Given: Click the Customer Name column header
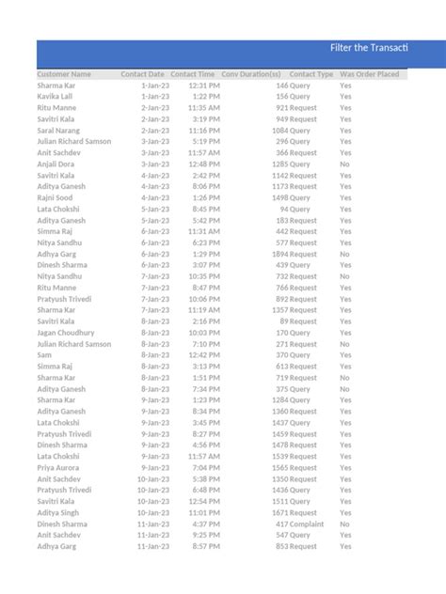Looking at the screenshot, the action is pos(64,74).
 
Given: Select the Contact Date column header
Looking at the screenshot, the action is pos(142,74).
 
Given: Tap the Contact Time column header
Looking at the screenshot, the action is pos(193,74).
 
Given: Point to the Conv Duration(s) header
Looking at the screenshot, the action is pos(251,74).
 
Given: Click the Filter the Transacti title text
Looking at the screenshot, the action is pos(368,48).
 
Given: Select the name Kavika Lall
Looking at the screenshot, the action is pos(55,97).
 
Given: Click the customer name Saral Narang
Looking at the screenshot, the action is pos(58,131).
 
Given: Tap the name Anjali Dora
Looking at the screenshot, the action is pos(56,164).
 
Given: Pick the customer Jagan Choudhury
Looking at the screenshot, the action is pos(66,333).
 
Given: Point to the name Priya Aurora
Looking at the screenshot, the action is pos(57,467).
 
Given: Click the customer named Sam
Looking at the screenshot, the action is pos(44,355).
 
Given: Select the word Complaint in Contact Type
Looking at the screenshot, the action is pos(309,524).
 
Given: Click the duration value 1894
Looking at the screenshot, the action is pos(281,254).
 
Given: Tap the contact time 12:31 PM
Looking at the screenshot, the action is pos(205,86).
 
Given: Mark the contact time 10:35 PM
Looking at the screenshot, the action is pos(204,276).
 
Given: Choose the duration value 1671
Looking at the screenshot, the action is pos(281,512).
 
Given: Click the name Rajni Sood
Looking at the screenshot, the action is pos(55,197).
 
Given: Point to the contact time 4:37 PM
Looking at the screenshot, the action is pos(207,524).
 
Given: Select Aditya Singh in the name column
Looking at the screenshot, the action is pos(58,512).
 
